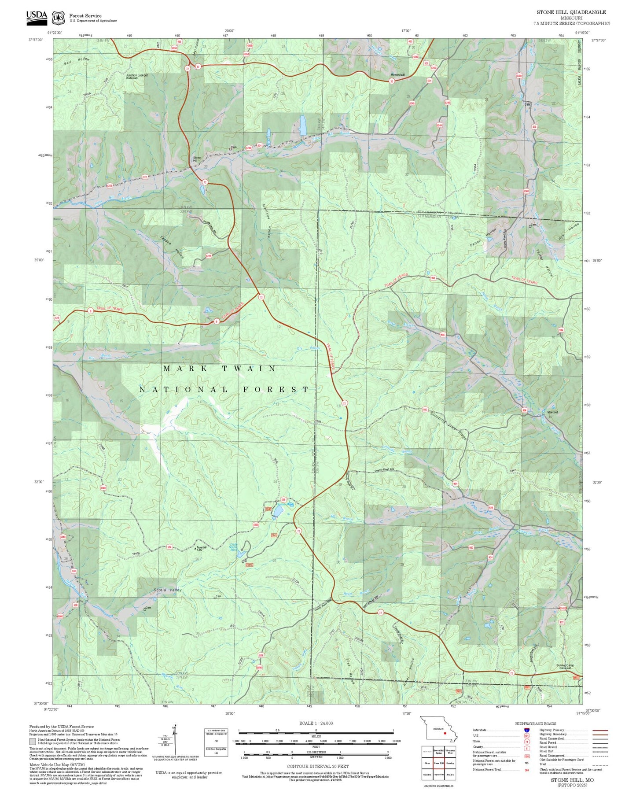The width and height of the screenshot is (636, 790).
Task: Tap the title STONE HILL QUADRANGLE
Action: click(x=571, y=12)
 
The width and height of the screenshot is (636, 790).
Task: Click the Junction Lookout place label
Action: click(x=137, y=76)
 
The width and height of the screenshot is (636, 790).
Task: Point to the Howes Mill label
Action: click(x=397, y=75)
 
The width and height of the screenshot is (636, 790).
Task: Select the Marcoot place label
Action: click(x=552, y=412)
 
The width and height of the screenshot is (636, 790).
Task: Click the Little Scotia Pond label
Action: click(x=234, y=547)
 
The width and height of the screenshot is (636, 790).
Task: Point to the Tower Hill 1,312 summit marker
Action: click(x=196, y=548)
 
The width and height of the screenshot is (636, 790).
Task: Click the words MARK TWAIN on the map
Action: click(x=219, y=369)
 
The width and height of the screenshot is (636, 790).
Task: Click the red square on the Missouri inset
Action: click(x=445, y=734)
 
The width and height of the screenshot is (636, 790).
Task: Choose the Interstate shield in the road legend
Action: click(x=526, y=730)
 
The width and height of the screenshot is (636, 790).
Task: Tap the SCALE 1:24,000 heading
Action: click(x=316, y=723)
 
